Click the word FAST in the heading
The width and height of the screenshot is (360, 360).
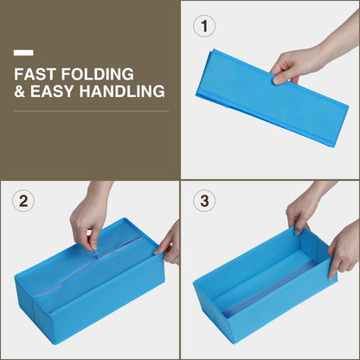pyautogui.click(x=34, y=74)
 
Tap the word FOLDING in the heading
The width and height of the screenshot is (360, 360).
pyautogui.click(x=98, y=74)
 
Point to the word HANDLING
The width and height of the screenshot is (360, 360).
pyautogui.click(x=122, y=91)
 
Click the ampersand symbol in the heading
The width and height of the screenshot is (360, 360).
pyautogui.click(x=19, y=91)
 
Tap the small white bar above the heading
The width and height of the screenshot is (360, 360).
pyautogui.click(x=23, y=53)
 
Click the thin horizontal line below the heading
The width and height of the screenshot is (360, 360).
pyautogui.click(x=91, y=111)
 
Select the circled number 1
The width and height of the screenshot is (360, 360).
pyautogui.click(x=204, y=26)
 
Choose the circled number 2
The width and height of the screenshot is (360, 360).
pyautogui.click(x=23, y=201)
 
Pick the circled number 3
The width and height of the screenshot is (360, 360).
pyautogui.click(x=204, y=201)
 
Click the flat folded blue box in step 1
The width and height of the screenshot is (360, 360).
pyautogui.click(x=271, y=98)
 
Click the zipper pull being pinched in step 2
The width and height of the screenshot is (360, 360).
pyautogui.click(x=100, y=255)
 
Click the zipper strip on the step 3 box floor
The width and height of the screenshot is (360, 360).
pyautogui.click(x=270, y=288)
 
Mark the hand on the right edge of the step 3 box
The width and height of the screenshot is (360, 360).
pyautogui.click(x=344, y=248)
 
